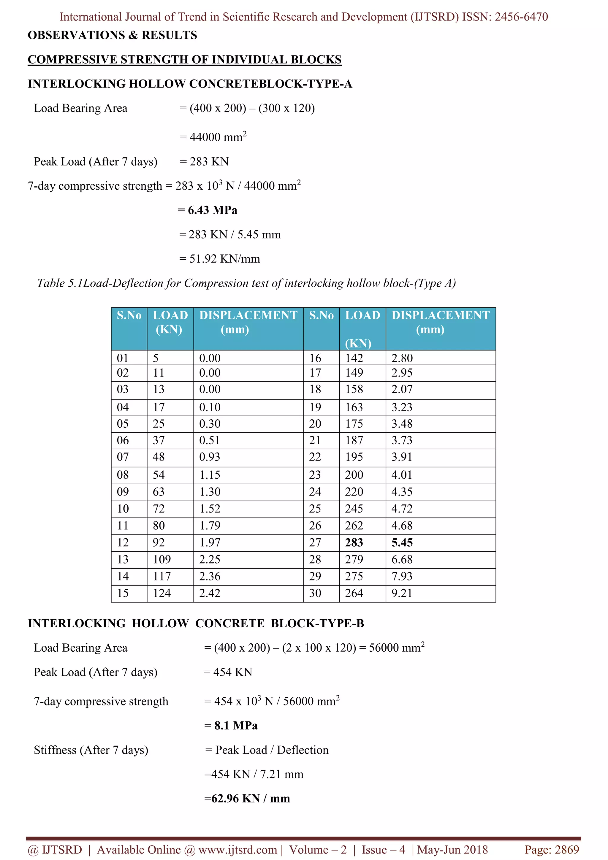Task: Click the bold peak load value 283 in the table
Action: (354, 542)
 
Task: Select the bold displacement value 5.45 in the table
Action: (402, 542)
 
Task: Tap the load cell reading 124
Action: (161, 593)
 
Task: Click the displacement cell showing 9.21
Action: (402, 593)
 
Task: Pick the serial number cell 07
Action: (123, 457)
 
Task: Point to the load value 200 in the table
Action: (354, 475)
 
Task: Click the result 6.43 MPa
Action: (212, 210)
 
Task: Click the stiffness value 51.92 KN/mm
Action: (224, 259)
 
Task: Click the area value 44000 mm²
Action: (218, 137)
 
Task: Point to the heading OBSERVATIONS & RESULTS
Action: (113, 35)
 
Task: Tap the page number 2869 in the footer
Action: (567, 850)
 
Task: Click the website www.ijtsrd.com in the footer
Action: (237, 850)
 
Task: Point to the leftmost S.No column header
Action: (129, 315)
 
